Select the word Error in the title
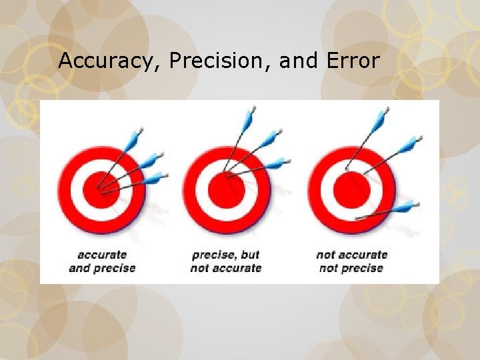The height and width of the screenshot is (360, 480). click(x=353, y=61)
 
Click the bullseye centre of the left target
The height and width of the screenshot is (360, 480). click(x=101, y=187)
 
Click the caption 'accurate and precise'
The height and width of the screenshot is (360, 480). click(x=102, y=261)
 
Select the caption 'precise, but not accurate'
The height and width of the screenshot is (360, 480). click(x=226, y=261)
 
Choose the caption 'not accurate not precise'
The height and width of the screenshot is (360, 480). click(x=351, y=261)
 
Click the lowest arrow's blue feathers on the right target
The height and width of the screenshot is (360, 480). click(x=404, y=207)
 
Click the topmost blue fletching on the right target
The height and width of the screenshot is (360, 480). click(x=381, y=119)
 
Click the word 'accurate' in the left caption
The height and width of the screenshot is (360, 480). click(x=102, y=255)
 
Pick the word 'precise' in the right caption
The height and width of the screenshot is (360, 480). click(x=361, y=268)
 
